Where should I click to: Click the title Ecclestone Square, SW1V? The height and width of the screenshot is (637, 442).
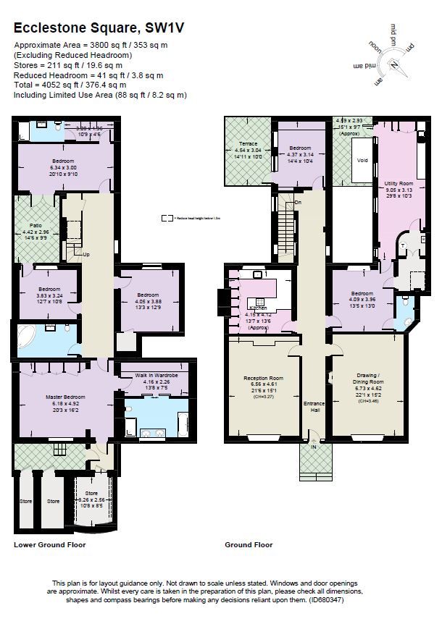pos(99,28)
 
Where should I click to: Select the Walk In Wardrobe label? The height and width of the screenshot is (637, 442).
pos(157,376)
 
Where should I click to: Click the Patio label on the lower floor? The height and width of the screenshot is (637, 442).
pos(36,226)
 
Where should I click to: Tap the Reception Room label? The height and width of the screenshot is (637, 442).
pos(262,379)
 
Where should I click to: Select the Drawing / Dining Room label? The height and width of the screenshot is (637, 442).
pos(367,379)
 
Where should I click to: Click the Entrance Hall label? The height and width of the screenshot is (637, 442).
pos(314,407)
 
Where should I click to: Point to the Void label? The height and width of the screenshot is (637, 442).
pos(363,160)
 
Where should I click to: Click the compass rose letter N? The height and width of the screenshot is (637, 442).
pos(396,63)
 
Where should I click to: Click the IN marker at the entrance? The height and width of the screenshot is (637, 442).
pos(314,447)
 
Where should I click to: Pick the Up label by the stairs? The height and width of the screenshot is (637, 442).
pos(86,255)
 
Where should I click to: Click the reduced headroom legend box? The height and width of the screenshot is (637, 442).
pos(166,216)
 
